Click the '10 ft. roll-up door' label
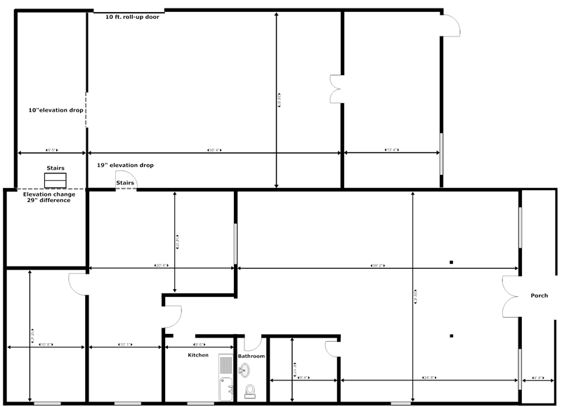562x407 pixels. tap(132, 16)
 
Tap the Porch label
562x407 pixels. tap(539, 295)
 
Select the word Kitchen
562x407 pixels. tap(198, 355)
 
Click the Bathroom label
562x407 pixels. tap(251, 356)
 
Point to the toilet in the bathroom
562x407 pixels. tap(249, 391)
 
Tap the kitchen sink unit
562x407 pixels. tap(226, 376)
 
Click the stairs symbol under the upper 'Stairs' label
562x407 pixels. tap(53, 180)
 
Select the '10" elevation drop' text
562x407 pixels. tap(56, 110)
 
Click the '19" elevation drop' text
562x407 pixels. tap(125, 165)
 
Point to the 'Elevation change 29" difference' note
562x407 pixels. tap(48, 197)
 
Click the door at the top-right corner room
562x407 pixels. tap(451, 25)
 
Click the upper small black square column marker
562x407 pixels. tap(452, 262)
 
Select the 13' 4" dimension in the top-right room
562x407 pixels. tap(391, 150)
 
